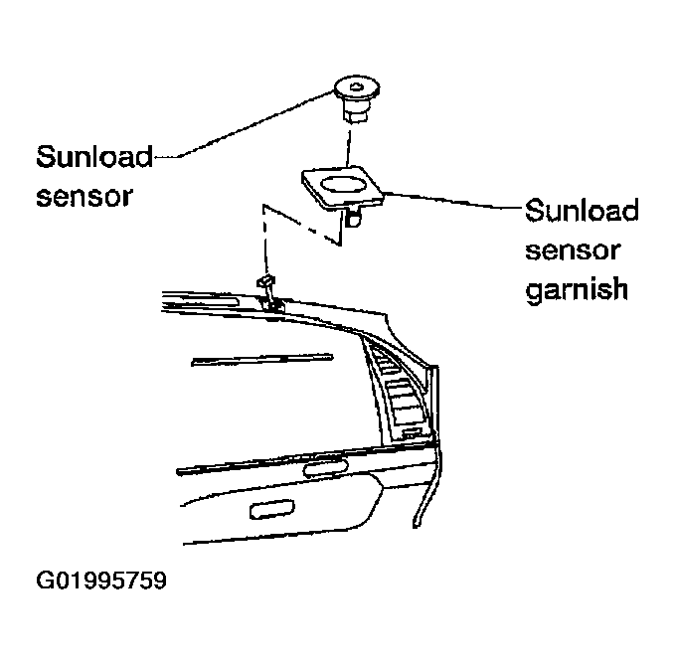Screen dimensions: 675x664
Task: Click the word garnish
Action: coord(577,289)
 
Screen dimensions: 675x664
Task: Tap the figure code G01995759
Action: coord(101,581)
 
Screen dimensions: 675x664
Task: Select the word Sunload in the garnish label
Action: coord(582,211)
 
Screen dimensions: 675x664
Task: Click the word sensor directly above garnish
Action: coord(573,250)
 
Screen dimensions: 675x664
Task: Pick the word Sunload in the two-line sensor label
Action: coord(94,156)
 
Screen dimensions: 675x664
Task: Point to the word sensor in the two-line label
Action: coord(84,197)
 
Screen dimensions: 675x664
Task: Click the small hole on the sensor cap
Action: coord(356,87)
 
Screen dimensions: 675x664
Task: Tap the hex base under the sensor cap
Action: coord(356,112)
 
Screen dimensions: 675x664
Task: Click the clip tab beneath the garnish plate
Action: coord(353,218)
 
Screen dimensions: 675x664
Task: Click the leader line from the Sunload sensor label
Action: coord(245,125)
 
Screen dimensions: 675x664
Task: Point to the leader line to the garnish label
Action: coord(453,201)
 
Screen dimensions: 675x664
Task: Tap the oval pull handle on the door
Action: coord(326,468)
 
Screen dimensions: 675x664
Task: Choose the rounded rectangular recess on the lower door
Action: coord(272,509)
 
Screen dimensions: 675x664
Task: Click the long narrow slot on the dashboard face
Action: coord(262,359)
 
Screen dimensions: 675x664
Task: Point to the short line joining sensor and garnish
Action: coord(348,147)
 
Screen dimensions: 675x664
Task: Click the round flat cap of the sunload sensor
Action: coord(356,88)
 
